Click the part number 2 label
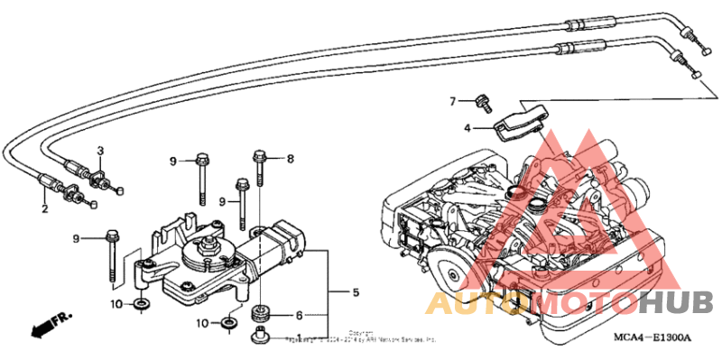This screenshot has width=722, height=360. (42, 208)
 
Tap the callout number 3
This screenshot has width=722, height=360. (101, 150)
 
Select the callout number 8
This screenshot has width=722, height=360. (291, 159)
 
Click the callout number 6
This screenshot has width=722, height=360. (299, 315)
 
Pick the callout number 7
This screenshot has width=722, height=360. (454, 100)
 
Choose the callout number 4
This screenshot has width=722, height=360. (467, 128)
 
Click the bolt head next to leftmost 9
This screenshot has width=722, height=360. (113, 236)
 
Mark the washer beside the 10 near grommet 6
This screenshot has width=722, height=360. (231, 321)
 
